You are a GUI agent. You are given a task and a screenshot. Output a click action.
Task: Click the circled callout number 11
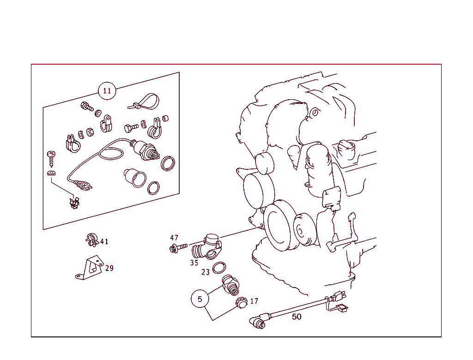click(x=107, y=91)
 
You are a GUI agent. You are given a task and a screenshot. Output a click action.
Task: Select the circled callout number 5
click(x=200, y=299)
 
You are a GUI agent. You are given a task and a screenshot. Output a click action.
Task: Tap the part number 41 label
click(x=104, y=241)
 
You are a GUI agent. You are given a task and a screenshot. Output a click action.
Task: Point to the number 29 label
click(x=109, y=268)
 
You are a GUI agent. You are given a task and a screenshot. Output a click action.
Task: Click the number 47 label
click(x=174, y=238)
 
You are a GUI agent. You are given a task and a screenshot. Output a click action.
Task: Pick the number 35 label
click(x=194, y=263)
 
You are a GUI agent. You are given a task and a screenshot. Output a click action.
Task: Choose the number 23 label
click(x=206, y=272)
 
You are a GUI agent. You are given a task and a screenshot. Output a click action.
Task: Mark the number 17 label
click(x=254, y=301)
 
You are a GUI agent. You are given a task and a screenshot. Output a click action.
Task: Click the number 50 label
click(x=297, y=317)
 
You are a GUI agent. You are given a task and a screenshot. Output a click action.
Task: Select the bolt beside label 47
click(x=178, y=247)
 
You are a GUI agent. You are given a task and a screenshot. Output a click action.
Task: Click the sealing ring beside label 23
click(x=219, y=268)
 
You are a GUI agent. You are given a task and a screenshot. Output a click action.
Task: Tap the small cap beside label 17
click(x=241, y=302)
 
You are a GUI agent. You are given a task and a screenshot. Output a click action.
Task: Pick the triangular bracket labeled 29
click(x=90, y=268)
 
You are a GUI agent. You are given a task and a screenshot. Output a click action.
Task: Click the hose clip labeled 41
click(x=92, y=240)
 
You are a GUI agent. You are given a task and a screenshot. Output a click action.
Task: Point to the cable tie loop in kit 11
click(x=144, y=102)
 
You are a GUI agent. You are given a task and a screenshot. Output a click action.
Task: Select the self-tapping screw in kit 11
click(x=51, y=159)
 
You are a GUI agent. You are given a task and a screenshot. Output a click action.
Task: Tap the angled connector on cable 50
click(x=259, y=321)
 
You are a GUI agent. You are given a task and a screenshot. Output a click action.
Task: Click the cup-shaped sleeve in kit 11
click(x=135, y=178)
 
